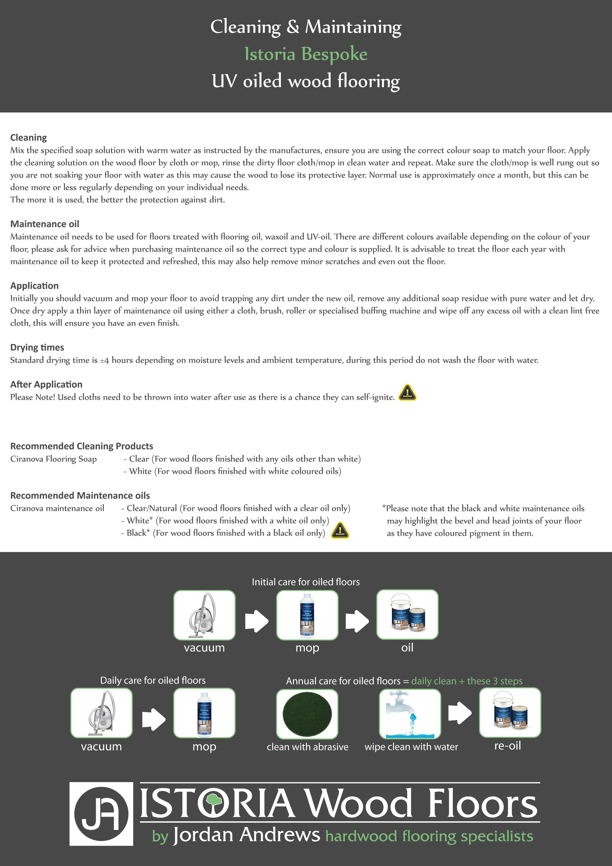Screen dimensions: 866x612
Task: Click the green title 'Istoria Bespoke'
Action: point(306,54)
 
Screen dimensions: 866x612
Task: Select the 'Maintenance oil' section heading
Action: point(44,224)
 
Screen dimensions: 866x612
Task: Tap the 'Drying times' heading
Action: point(37,347)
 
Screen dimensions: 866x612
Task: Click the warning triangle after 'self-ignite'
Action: point(407,393)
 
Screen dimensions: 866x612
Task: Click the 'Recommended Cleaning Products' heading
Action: point(81,446)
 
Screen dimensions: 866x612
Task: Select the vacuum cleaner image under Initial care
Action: point(204,615)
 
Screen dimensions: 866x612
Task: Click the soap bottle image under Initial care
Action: point(307,615)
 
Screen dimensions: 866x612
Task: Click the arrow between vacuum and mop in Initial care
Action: point(256,621)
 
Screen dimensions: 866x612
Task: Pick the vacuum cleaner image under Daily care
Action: point(101,713)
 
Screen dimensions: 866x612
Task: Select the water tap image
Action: point(410,714)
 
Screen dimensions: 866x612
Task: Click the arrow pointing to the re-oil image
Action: point(460,713)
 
